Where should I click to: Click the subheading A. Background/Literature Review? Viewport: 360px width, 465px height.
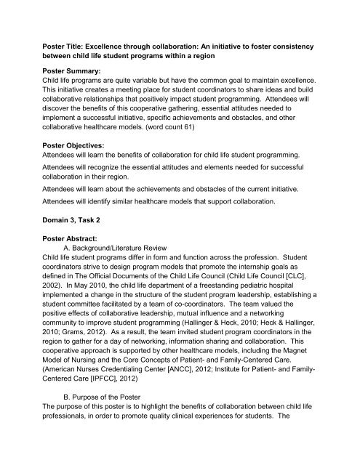point(126,277)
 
